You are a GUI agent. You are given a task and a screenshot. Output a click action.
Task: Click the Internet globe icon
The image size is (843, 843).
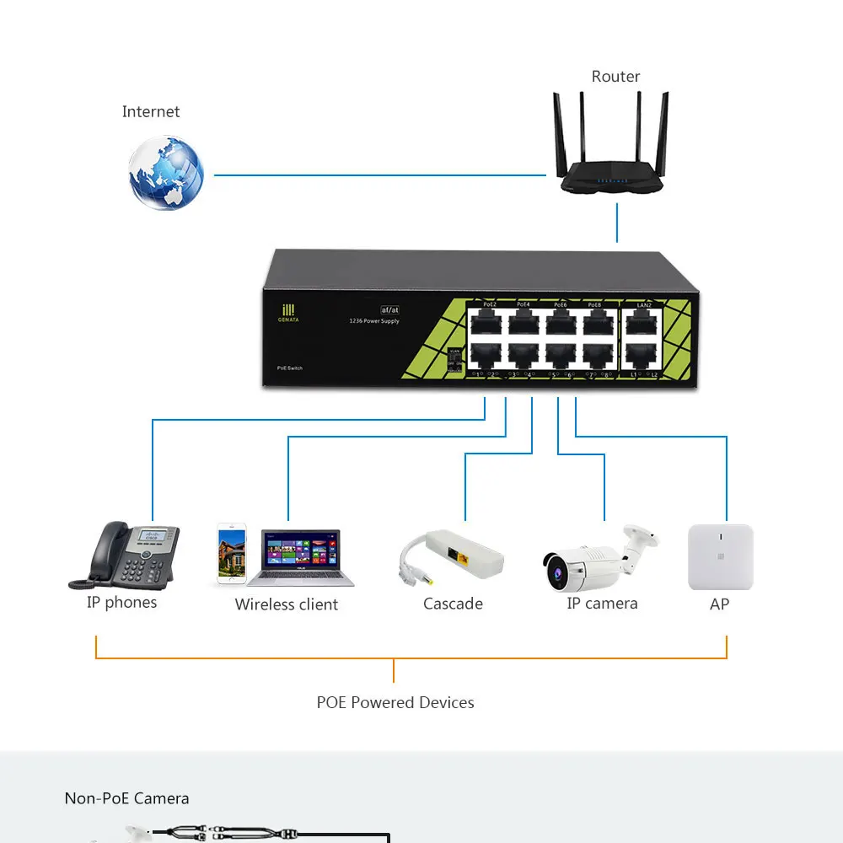pyautogui.click(x=166, y=173)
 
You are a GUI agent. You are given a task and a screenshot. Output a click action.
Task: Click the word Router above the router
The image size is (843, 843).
pyautogui.click(x=615, y=77)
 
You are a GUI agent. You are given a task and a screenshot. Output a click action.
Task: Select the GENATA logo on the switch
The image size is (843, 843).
pyautogui.click(x=288, y=313)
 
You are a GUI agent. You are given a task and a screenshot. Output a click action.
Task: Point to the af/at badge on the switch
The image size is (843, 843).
pyautogui.click(x=389, y=310)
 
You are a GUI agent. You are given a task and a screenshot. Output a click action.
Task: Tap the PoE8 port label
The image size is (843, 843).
pyautogui.click(x=594, y=303)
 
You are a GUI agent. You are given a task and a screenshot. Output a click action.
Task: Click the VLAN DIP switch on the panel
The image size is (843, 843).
pyautogui.click(x=454, y=360)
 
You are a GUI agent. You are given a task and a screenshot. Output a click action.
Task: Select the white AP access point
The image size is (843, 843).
pyautogui.click(x=720, y=556)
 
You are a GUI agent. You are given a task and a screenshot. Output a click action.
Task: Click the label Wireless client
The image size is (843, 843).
pyautogui.click(x=286, y=604)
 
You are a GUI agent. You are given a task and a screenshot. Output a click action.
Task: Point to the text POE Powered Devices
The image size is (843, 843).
pyautogui.click(x=395, y=702)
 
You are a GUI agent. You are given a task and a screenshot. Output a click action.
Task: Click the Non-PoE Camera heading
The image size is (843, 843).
pyautogui.click(x=126, y=798)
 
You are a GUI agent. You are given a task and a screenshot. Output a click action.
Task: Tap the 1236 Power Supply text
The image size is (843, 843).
pyautogui.click(x=373, y=321)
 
